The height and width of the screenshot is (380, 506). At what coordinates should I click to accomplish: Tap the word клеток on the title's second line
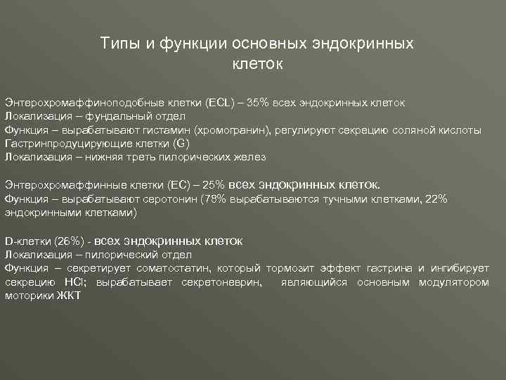pos(257,65)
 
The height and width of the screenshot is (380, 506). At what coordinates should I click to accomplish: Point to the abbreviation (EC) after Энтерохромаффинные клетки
pos(179,185)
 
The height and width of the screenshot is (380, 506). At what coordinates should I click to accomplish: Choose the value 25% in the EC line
pos(213,185)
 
